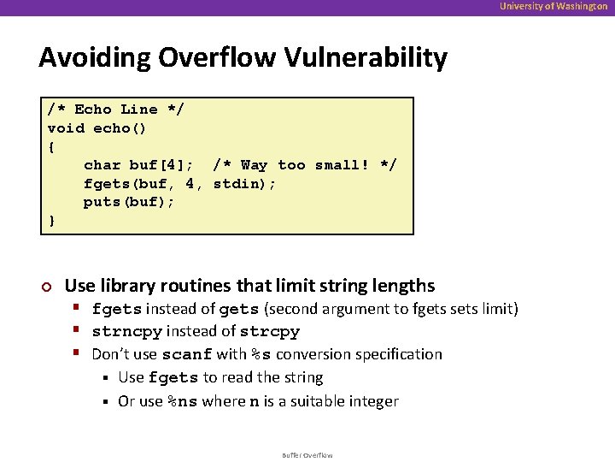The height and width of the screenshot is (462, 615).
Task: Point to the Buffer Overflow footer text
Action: [x=307, y=455]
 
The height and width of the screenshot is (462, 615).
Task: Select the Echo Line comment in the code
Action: [x=115, y=110]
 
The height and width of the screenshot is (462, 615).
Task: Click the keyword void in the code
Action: [x=66, y=128]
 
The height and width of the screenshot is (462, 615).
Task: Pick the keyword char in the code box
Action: [x=102, y=165]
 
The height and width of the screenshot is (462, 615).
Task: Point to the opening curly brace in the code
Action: [x=52, y=146]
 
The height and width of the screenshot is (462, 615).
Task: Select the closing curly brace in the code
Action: [x=52, y=221]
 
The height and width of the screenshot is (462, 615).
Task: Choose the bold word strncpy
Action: [x=126, y=332]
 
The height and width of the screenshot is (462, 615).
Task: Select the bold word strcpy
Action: [x=270, y=332]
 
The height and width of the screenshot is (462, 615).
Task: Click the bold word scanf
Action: [x=187, y=355]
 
